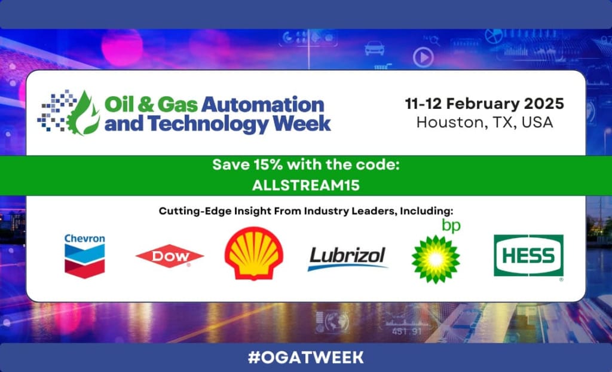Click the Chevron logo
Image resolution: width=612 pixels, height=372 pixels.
(x=85, y=256)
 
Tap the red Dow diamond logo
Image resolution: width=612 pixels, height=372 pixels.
(x=170, y=256)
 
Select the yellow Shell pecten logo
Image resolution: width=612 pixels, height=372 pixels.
(x=253, y=253)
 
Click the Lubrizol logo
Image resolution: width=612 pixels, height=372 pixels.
(x=347, y=258)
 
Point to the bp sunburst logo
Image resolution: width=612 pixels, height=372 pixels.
(x=436, y=259)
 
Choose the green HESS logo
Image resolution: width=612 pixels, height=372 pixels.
(x=528, y=255)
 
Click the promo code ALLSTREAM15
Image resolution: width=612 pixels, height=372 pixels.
(x=305, y=185)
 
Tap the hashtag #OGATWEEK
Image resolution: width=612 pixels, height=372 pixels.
(x=305, y=357)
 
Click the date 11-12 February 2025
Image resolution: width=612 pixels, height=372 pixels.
(x=484, y=104)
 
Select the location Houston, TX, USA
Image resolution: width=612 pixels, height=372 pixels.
(x=485, y=123)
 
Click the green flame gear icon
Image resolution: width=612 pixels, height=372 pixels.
(x=82, y=113)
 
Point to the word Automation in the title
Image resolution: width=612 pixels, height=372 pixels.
(x=262, y=105)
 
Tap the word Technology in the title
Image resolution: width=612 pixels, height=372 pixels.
(x=207, y=123)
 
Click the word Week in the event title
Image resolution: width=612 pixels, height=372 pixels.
(x=301, y=123)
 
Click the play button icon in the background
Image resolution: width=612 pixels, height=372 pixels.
(x=424, y=57)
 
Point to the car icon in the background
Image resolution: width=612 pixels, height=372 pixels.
(x=374, y=48)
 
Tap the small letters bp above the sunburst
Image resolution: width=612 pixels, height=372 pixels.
(x=451, y=226)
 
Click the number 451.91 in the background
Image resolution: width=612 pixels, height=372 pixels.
(x=406, y=331)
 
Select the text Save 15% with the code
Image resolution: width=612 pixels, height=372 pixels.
(x=306, y=165)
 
